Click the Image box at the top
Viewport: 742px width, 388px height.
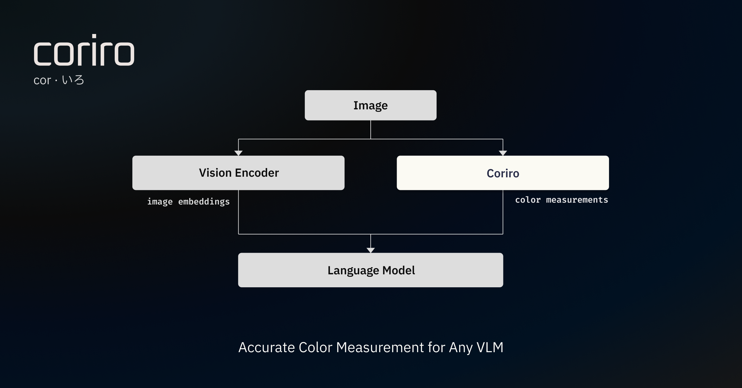tap(370, 105)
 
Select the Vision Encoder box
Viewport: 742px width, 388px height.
tap(238, 173)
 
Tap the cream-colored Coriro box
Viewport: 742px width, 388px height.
tap(503, 173)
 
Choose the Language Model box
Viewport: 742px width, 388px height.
tap(370, 270)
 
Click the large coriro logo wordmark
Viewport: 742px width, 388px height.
tap(84, 51)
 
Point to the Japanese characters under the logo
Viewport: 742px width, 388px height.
tap(73, 80)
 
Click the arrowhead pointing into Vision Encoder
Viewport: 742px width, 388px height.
tap(238, 153)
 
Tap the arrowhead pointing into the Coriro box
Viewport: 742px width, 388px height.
tap(503, 153)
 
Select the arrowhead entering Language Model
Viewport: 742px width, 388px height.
tap(370, 250)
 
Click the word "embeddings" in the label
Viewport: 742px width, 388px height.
tap(204, 202)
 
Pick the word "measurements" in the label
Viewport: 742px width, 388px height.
tap(577, 200)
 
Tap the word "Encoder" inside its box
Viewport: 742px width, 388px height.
tap(257, 173)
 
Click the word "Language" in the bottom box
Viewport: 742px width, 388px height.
tap(353, 271)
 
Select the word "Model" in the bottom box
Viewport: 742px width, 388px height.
tap(399, 270)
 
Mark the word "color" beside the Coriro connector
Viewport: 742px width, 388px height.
tap(528, 200)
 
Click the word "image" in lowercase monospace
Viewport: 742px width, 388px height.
tap(160, 202)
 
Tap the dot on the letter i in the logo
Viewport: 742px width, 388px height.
tap(94, 36)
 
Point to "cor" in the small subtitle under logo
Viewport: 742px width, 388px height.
tap(42, 81)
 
